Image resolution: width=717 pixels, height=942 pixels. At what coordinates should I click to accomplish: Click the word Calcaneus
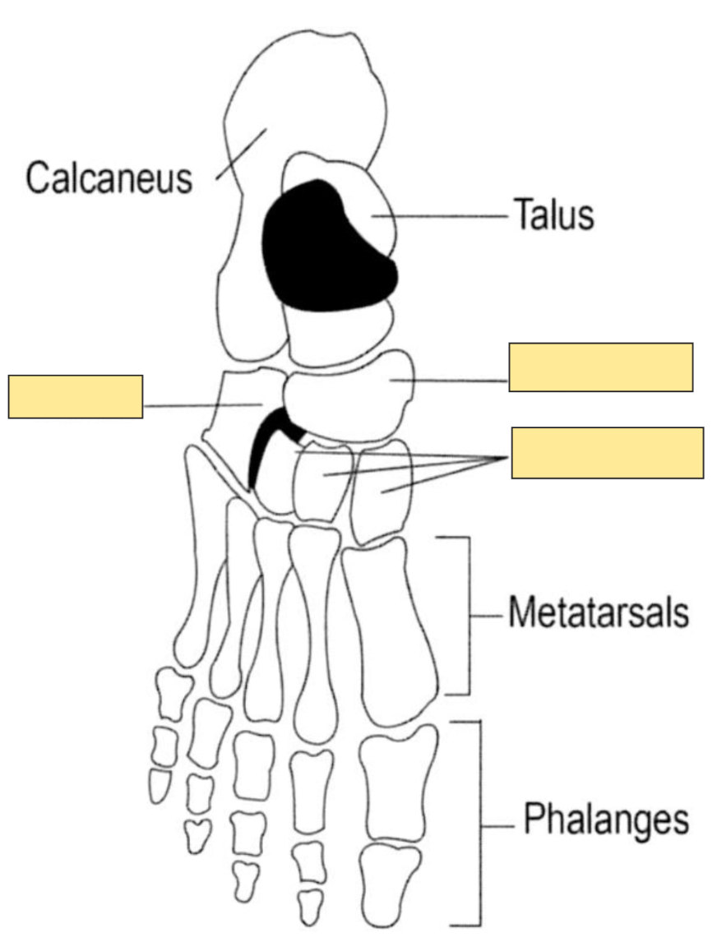109,178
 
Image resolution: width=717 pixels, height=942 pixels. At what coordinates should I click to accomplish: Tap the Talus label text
553,215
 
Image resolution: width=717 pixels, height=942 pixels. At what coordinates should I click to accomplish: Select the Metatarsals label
598,614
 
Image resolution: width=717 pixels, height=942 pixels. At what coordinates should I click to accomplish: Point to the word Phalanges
606,820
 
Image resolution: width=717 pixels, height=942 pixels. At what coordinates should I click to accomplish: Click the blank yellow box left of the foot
76,396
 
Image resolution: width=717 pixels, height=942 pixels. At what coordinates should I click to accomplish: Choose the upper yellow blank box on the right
600,367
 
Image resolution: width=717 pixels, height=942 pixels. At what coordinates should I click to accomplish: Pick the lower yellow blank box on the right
607,453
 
